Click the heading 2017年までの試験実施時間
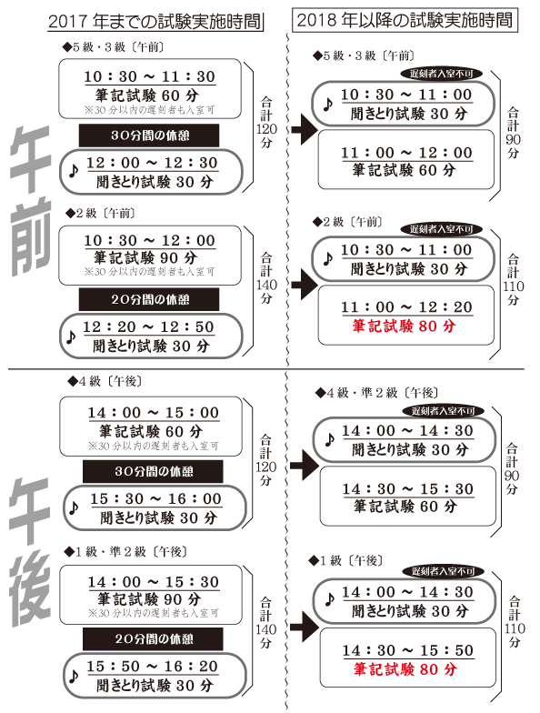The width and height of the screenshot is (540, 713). [155, 22]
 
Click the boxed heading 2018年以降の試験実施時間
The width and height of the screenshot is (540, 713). [405, 20]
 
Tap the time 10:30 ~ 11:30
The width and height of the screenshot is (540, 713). [149, 76]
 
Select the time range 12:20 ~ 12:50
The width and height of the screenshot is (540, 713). [148, 327]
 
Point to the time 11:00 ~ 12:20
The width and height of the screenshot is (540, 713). [407, 307]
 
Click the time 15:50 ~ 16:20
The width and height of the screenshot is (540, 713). [153, 667]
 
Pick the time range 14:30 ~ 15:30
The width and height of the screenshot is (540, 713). [407, 489]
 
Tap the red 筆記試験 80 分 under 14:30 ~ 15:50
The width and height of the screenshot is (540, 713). [405, 669]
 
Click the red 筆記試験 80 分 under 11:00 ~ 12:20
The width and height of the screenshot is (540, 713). [404, 326]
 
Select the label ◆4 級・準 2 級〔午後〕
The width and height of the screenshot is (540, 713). [377, 393]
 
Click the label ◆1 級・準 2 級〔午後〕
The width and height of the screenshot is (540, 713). [125, 551]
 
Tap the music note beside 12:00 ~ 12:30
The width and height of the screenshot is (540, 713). [73, 171]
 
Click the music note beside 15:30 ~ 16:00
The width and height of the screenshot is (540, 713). [73, 507]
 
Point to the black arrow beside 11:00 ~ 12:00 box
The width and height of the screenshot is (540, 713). [304, 129]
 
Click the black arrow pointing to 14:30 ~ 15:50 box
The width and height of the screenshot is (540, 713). [304, 628]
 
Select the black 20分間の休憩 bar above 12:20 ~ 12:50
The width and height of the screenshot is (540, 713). [149, 299]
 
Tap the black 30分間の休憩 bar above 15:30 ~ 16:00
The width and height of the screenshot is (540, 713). [153, 471]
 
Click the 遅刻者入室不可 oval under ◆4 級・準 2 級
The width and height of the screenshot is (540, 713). [444, 411]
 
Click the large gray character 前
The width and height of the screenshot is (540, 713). [30, 240]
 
